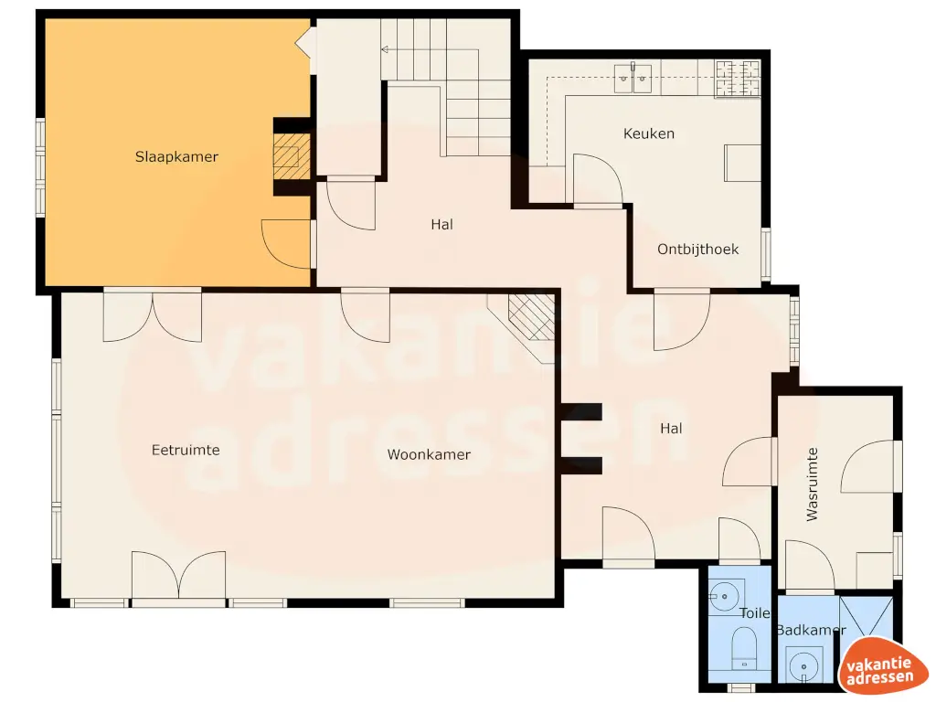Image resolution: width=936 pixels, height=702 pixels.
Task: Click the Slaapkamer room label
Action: click(x=176, y=157)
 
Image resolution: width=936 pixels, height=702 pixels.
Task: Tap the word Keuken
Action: click(x=648, y=133)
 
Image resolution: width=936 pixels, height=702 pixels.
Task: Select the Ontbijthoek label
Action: click(x=697, y=249)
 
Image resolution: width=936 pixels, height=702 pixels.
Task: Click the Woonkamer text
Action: click(x=429, y=454)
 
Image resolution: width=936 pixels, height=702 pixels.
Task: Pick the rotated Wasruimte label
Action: click(x=812, y=484)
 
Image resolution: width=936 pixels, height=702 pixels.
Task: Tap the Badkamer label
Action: click(x=810, y=631)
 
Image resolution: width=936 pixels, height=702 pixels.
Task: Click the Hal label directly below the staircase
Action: click(x=441, y=224)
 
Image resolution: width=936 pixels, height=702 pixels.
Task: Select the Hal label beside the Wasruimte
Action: click(x=671, y=428)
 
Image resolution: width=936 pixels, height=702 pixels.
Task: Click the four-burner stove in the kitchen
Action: click(x=738, y=79)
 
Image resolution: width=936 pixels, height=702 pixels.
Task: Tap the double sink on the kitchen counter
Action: click(x=633, y=79)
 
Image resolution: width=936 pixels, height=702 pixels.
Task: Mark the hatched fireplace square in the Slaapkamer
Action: click(x=292, y=159)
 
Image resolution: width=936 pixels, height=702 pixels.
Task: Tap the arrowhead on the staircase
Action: click(x=385, y=48)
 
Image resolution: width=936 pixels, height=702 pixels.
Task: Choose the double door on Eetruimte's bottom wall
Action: click(x=178, y=576)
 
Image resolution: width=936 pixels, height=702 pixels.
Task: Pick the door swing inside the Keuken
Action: click(x=597, y=179)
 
